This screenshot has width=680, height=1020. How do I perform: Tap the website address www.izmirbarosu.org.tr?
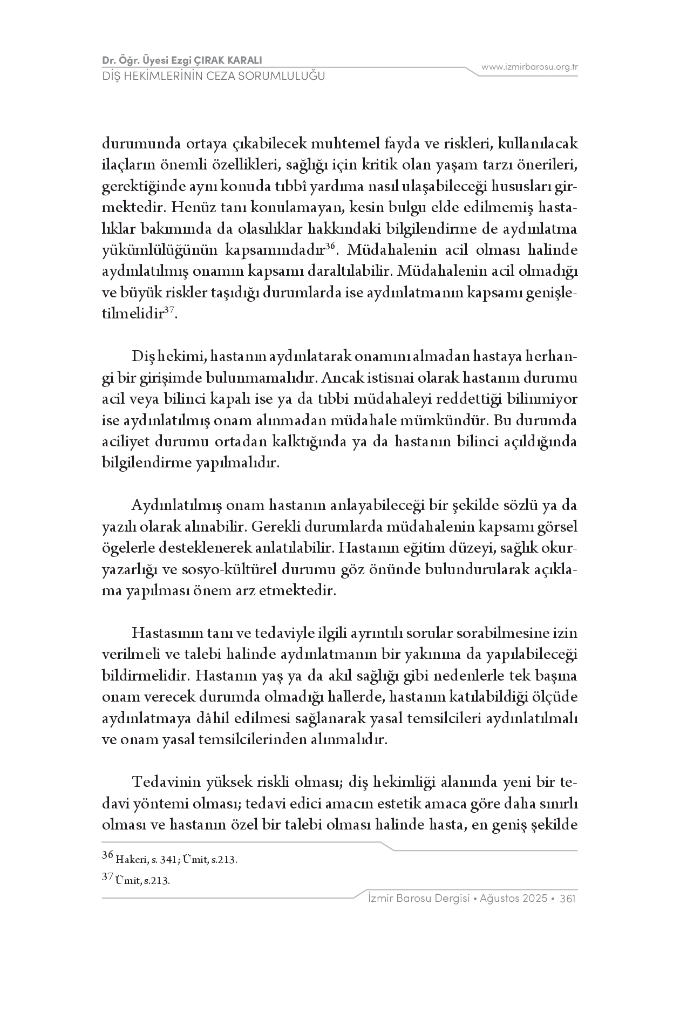[x=529, y=67]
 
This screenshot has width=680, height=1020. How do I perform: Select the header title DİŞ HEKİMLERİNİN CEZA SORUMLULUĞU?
[x=214, y=76]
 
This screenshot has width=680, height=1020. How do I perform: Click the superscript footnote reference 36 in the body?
[x=331, y=247]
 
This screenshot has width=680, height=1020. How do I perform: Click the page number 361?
[x=569, y=899]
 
